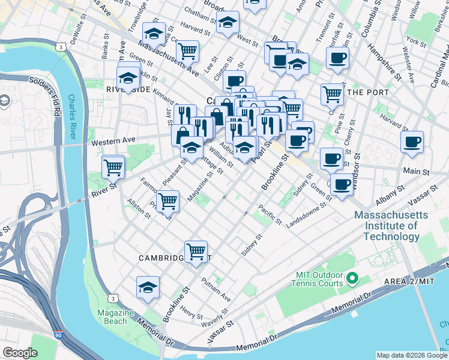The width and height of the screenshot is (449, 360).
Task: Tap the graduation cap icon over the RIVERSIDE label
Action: [x=128, y=77]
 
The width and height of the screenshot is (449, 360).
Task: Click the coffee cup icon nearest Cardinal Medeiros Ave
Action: [x=412, y=142]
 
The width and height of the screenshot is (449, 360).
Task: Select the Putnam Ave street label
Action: [x=216, y=289]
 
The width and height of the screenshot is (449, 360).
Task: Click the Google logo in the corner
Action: [x=20, y=353]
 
